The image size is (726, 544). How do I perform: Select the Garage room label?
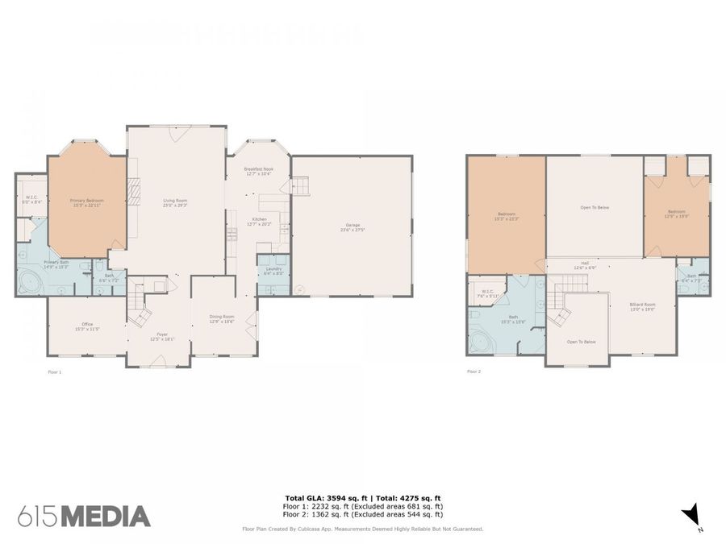click(x=353, y=227)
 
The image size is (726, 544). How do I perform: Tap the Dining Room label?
click(x=222, y=319)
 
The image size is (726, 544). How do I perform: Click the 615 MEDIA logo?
click(x=84, y=516)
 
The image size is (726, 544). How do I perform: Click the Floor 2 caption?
click(x=475, y=372)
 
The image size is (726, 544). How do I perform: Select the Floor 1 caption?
click(x=55, y=372)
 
